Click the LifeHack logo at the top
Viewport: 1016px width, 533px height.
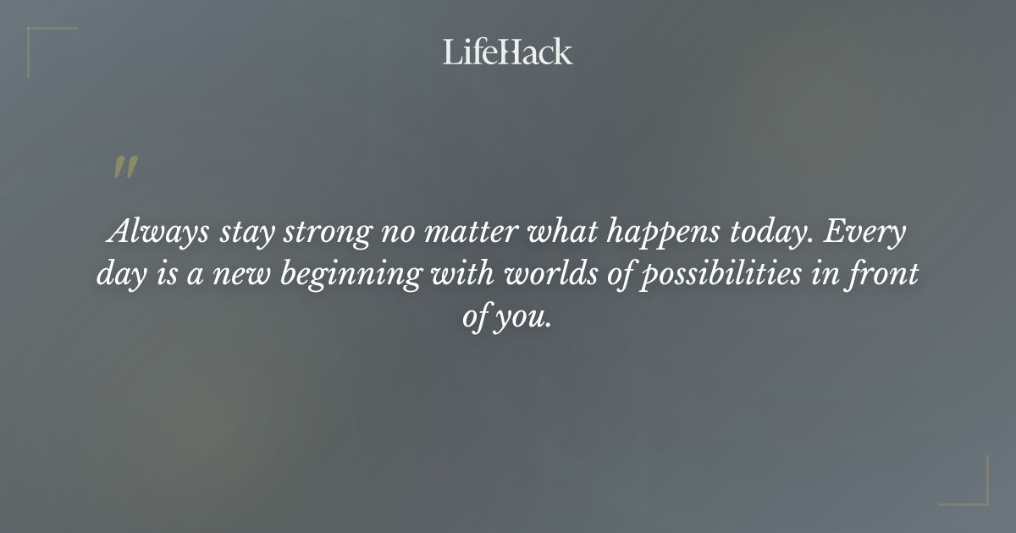click(508, 52)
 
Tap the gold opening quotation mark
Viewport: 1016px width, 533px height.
click(125, 168)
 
